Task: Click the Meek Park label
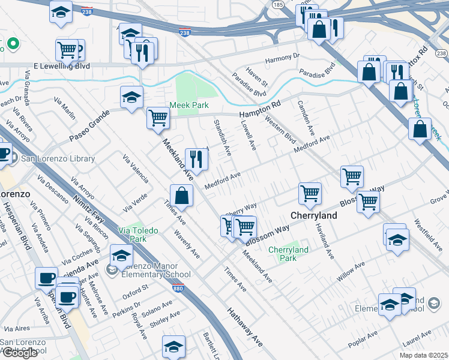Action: coord(188,105)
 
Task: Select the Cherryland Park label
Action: coord(288,254)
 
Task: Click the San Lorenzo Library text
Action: coord(58,159)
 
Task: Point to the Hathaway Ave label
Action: coord(244,327)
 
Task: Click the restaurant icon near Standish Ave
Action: coord(196,159)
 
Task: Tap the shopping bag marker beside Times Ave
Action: coord(181,195)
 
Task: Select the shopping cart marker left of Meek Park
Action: coord(158,117)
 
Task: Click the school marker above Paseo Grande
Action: coord(131,97)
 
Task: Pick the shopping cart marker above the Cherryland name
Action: coord(310,193)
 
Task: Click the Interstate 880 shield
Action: coord(187,289)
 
